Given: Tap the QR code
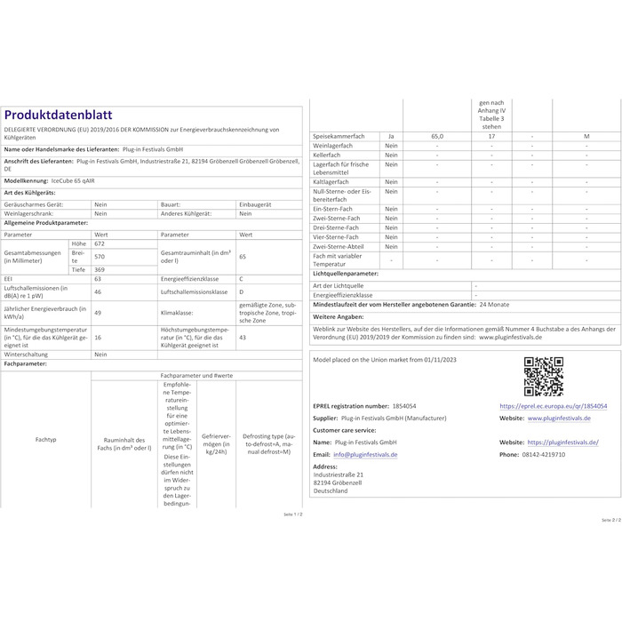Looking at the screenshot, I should pyautogui.click(x=543, y=376).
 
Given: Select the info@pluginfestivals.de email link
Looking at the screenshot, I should pyautogui.click(x=368, y=454).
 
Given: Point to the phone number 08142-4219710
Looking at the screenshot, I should pyautogui.click(x=545, y=454).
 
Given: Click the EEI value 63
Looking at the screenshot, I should pyautogui.click(x=98, y=279).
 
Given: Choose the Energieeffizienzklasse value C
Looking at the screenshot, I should pyautogui.click(x=242, y=279).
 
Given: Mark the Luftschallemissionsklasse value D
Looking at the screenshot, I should pyautogui.click(x=242, y=291).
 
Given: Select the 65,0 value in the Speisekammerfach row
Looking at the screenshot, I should pyautogui.click(x=435, y=135).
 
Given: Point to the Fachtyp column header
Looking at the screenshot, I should pyautogui.click(x=46, y=440).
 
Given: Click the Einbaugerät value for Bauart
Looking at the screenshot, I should pyautogui.click(x=256, y=203).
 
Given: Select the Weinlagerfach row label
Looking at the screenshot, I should pyautogui.click(x=335, y=145).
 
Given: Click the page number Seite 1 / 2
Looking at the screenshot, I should pyautogui.click(x=293, y=514).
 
